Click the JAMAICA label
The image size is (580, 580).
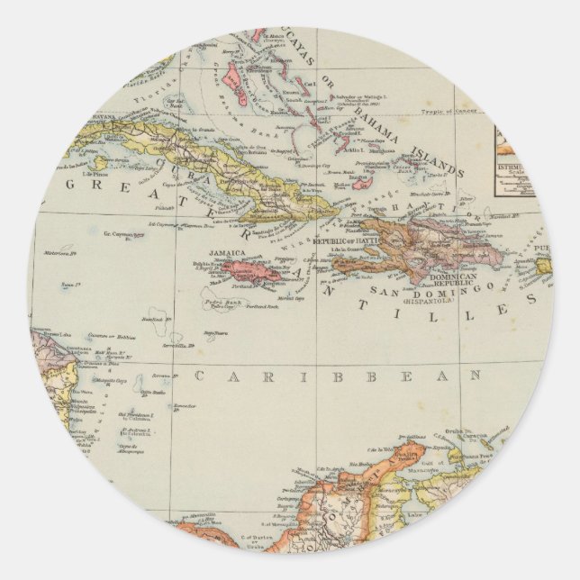(222, 255)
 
